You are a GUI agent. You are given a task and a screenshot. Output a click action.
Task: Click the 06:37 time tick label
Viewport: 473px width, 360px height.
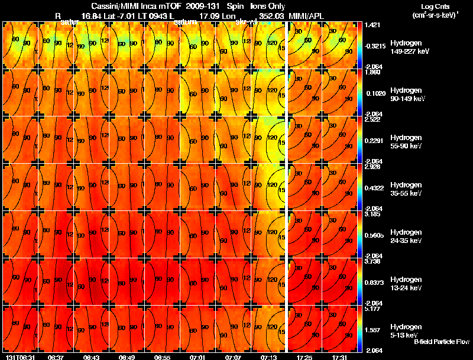[x=56, y=357]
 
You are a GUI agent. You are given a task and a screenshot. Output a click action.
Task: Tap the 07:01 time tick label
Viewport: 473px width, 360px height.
[x=198, y=357]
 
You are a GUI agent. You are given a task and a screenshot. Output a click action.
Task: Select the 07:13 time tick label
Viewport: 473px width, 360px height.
[x=269, y=357]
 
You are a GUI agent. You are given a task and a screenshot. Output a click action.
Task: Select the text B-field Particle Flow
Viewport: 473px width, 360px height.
[x=442, y=342]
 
